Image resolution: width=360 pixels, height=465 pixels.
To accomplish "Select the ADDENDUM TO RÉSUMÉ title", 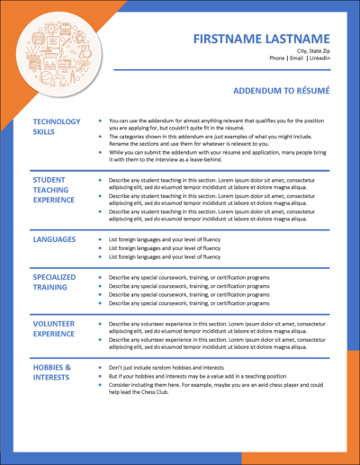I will pos(281,91).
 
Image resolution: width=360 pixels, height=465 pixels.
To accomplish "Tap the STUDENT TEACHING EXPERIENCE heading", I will pos(57,191).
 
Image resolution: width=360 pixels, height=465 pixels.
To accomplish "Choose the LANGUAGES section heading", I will pos(55,241).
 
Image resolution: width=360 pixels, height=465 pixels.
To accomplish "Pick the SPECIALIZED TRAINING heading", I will pos(55,283).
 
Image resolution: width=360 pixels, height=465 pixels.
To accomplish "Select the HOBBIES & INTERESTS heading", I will pos(52,373).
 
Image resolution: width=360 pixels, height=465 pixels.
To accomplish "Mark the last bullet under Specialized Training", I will pos(187,303).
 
